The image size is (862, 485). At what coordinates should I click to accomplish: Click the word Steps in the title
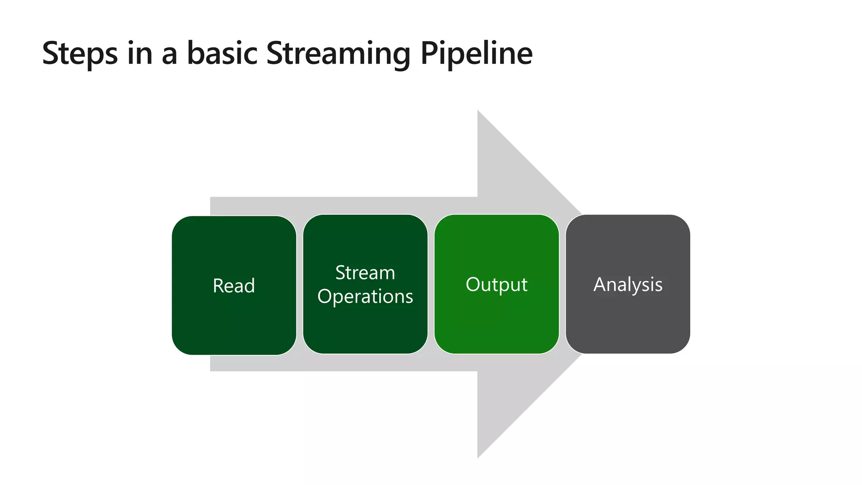pyautogui.click(x=80, y=54)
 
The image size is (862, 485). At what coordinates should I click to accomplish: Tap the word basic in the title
pyautogui.click(x=222, y=53)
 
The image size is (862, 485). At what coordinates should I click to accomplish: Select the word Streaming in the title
pyautogui.click(x=338, y=54)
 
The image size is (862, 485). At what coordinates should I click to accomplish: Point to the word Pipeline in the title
pyautogui.click(x=476, y=54)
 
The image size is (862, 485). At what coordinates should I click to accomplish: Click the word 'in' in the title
pyautogui.click(x=139, y=53)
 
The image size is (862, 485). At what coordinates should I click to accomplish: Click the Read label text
pyautogui.click(x=234, y=286)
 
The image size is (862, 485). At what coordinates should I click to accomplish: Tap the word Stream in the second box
pyautogui.click(x=365, y=273)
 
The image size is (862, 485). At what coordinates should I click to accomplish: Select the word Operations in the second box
pyautogui.click(x=365, y=297)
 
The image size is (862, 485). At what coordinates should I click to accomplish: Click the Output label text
pyautogui.click(x=496, y=285)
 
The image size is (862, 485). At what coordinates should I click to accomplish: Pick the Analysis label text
pyautogui.click(x=628, y=285)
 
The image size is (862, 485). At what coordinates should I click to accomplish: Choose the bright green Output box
pyautogui.click(x=496, y=324)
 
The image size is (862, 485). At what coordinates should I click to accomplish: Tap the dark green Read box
pyautogui.click(x=234, y=324)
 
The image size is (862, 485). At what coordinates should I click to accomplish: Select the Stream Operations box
pyautogui.click(x=365, y=328)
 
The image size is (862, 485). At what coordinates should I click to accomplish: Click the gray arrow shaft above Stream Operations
pyautogui.click(x=365, y=205)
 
